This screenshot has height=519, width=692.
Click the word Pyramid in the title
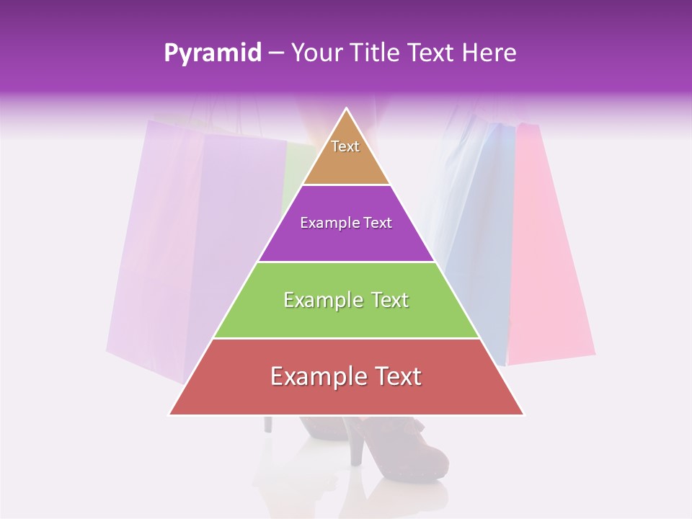click(212, 53)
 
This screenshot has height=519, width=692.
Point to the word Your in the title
click(316, 53)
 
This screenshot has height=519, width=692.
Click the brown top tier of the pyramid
click(346, 162)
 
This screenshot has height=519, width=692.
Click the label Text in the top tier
click(345, 146)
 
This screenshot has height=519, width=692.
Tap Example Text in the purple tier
click(346, 223)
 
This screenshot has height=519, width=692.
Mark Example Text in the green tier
click(346, 300)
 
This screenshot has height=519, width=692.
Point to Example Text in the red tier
click(346, 376)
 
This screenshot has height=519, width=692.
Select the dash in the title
click(276, 53)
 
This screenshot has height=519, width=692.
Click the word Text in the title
click(432, 53)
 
